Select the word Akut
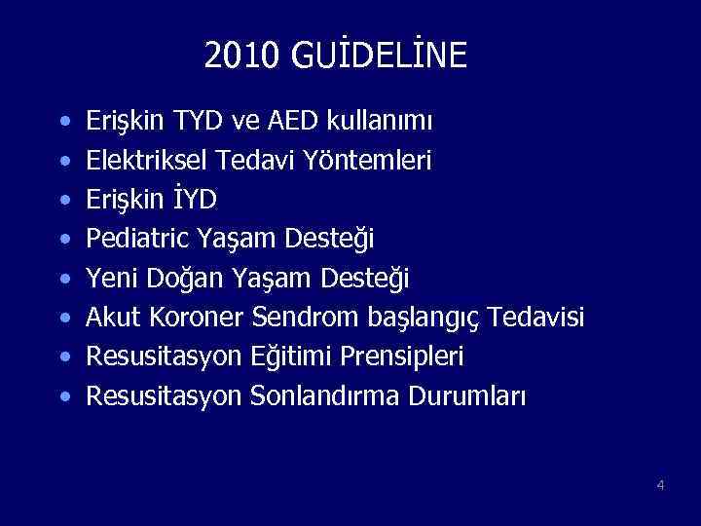[114, 318]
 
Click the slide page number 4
[660, 485]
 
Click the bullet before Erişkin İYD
[64, 201]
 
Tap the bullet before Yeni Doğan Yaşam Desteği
[64, 280]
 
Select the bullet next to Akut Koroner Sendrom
[64, 319]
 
